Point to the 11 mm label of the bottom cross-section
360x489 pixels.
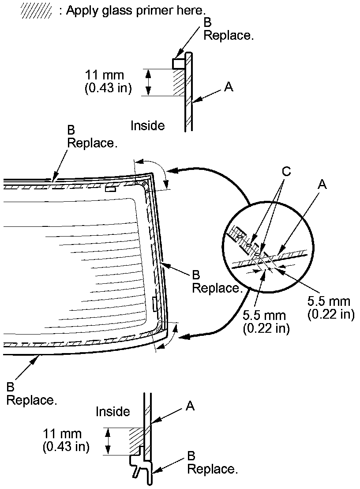click(x=62, y=434)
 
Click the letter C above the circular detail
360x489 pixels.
click(x=286, y=172)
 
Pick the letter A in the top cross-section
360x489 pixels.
click(x=228, y=87)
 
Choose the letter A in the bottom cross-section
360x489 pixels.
click(x=190, y=406)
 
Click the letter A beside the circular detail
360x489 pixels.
click(x=322, y=185)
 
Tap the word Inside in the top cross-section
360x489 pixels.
click(x=147, y=126)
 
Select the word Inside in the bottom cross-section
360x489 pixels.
click(x=113, y=411)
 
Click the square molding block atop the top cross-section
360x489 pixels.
click(x=179, y=63)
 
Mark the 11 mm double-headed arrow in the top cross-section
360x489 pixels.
click(x=149, y=82)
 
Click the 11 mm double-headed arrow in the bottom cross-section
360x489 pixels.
click(x=107, y=441)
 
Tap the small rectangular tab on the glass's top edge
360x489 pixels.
click(x=110, y=189)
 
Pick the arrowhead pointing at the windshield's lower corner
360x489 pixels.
click(x=184, y=338)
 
